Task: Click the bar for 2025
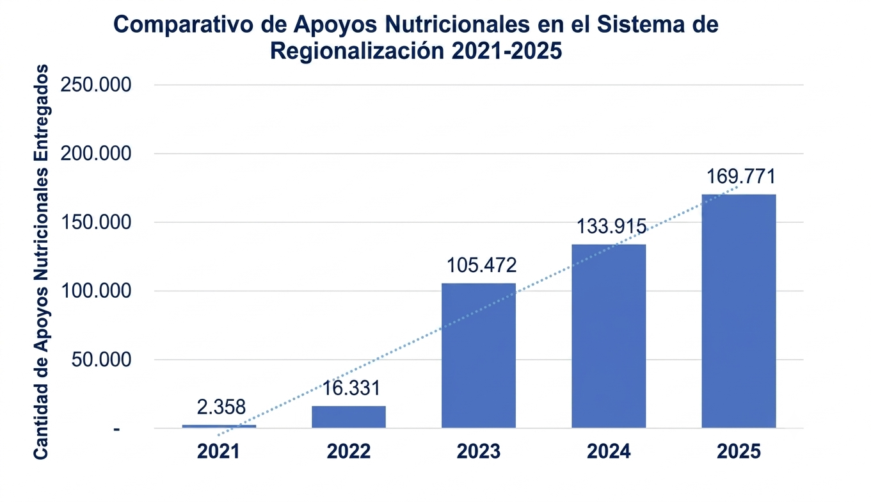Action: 739,311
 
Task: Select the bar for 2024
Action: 609,336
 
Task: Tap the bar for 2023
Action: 479,355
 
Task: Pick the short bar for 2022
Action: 349,417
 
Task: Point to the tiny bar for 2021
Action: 219,426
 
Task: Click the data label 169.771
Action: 740,176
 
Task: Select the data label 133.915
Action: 611,226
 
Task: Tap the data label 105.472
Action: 481,265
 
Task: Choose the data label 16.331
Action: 351,388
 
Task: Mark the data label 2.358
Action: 221,407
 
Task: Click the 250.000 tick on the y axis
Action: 95,85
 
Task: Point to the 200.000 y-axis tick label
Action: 95,154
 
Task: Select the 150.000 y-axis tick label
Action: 95,223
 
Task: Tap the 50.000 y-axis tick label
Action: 101,360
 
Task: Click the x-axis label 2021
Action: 218,451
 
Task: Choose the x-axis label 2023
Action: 478,451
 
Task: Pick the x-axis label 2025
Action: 739,451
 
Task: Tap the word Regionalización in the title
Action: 357,51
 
